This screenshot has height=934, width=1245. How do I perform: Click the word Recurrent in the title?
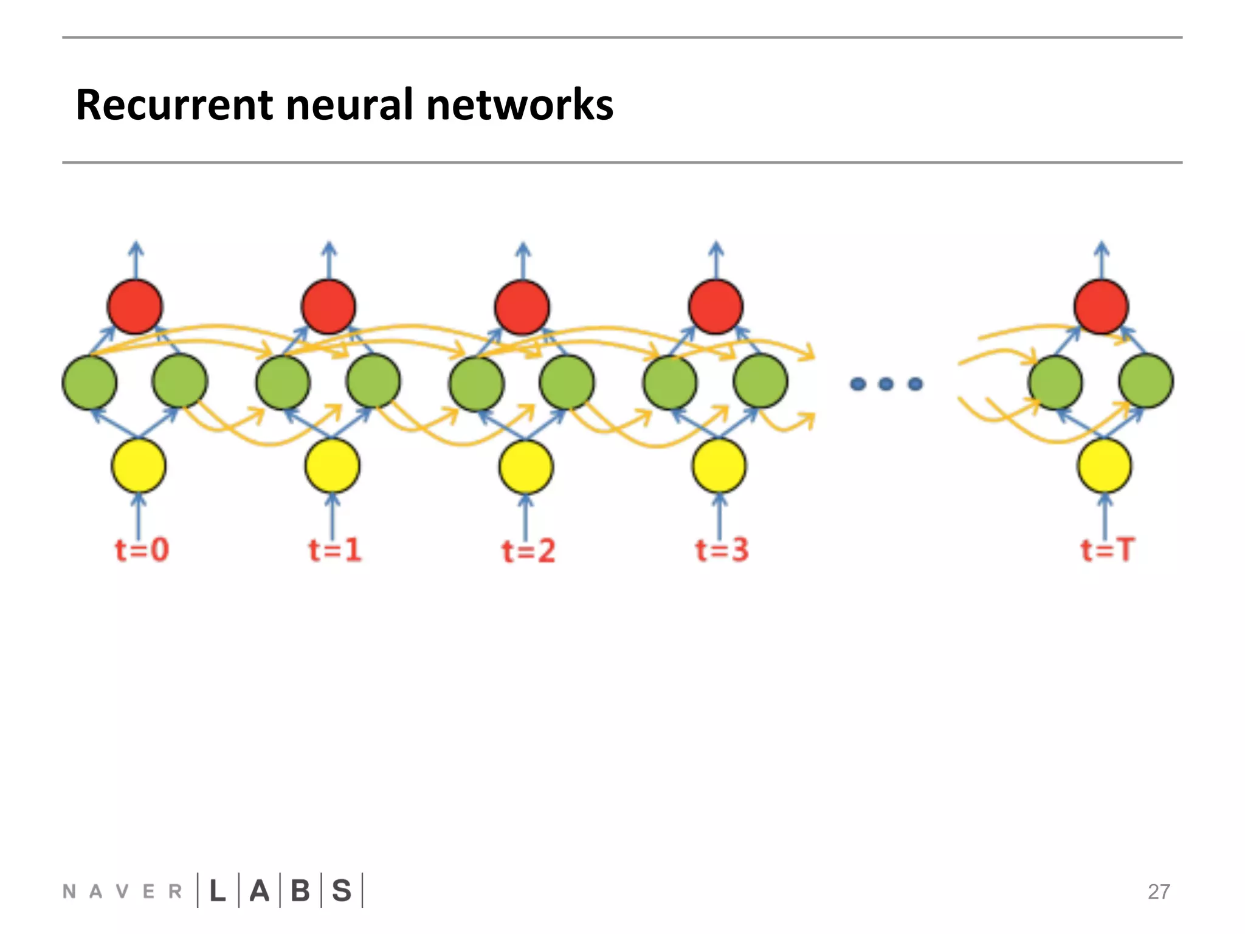tap(174, 105)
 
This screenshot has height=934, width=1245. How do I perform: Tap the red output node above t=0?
tap(135, 306)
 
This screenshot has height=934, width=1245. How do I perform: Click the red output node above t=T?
tap(1101, 306)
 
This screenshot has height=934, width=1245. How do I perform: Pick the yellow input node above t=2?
tap(526, 466)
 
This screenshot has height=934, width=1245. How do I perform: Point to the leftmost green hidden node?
tap(89, 382)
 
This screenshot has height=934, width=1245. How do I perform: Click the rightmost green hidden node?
tap(1146, 381)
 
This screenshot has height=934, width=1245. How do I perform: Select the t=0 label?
tap(142, 550)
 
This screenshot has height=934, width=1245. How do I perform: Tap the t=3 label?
tap(722, 550)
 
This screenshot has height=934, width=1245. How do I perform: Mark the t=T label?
tap(1107, 550)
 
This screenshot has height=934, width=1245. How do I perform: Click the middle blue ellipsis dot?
tap(886, 384)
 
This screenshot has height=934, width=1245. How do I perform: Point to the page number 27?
tap(1159, 891)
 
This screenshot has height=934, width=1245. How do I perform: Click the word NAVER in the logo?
tap(122, 891)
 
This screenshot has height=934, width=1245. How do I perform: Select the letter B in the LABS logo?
tap(300, 891)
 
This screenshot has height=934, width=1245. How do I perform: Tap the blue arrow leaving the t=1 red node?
tap(329, 260)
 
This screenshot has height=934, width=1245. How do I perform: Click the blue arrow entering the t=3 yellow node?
tap(719, 517)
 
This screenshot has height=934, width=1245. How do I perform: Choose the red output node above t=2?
tap(522, 306)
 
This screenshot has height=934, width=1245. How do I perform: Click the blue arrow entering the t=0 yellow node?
tap(139, 517)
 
